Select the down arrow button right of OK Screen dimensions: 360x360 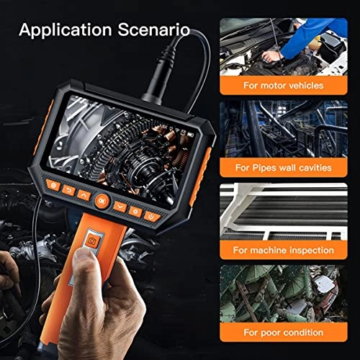[x=120, y=207]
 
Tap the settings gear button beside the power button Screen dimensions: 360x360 [x=136, y=212]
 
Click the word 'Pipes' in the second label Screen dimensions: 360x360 [x=277, y=168]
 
